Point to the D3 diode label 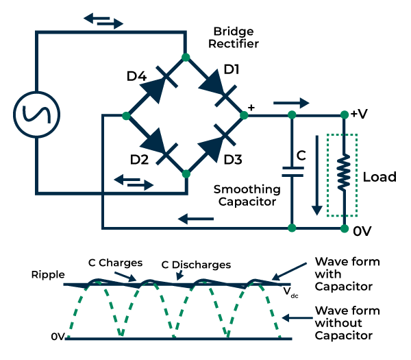click(x=234, y=160)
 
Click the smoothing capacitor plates click(x=292, y=171)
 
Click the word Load click(x=379, y=177)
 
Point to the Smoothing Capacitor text click(x=247, y=195)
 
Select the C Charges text click(x=115, y=263)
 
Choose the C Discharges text click(x=196, y=264)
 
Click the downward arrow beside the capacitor click(x=316, y=184)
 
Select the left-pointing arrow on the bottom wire click(x=192, y=219)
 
